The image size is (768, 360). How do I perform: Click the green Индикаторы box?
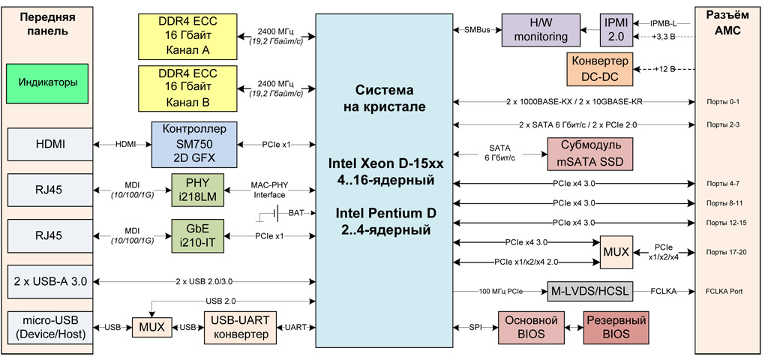pos(49,82)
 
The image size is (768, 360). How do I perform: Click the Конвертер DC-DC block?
pos(600,68)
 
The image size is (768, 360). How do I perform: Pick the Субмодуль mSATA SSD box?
pos(590,153)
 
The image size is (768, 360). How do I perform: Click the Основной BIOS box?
pos(531,328)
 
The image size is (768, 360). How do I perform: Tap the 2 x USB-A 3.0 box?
pos(49,282)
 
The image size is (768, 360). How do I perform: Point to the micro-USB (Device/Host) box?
pos(49,328)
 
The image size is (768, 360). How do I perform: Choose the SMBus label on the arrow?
pos(477,29)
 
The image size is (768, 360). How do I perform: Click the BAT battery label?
pos(296,214)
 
